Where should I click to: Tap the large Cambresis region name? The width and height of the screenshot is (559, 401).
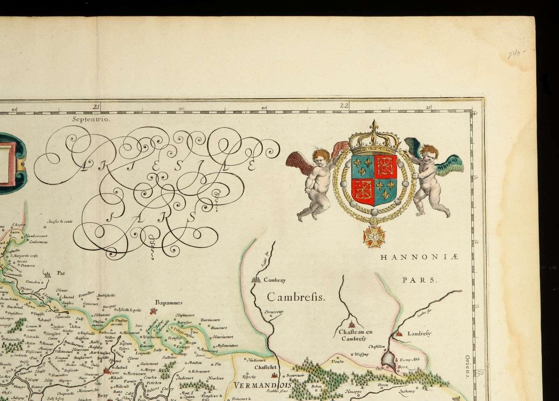296,297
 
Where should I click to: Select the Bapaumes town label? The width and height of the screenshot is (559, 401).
169,303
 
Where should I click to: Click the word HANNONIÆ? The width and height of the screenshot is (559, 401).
419,258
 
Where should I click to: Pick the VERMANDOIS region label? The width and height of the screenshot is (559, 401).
258,386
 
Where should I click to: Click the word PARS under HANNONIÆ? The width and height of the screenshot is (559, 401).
420,280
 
